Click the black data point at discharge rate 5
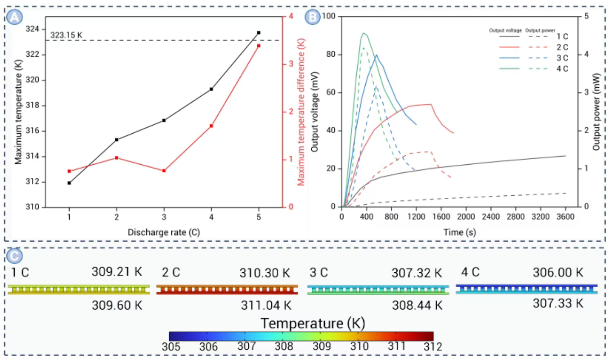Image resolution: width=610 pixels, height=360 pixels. point(259,33)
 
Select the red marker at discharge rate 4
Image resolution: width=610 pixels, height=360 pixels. point(211,126)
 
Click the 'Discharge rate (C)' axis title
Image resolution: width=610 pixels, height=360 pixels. point(164,233)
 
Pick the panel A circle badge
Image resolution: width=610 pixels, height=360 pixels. point(14,18)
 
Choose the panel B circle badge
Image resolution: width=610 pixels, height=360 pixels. point(312,18)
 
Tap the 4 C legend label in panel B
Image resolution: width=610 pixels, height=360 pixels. point(562,68)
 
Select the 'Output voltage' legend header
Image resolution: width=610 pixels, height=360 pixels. point(505,31)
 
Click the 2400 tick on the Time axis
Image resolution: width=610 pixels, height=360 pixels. point(491,216)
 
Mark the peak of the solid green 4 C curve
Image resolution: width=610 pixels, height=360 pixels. point(363,33)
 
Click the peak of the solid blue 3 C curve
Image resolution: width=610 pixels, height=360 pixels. point(377,55)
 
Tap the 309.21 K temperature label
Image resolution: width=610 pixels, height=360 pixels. point(117,272)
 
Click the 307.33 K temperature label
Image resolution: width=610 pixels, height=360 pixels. point(558,304)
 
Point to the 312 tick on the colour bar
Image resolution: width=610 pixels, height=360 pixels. point(432,347)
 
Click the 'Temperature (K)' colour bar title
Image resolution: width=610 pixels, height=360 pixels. point(313,323)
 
